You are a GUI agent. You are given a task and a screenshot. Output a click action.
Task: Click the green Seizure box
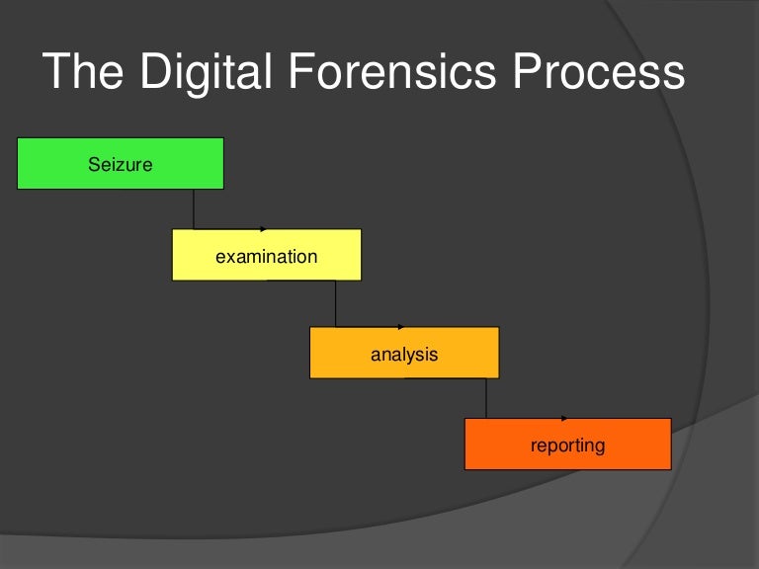[121, 164]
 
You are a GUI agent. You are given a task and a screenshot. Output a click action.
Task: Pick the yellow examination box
[266, 255]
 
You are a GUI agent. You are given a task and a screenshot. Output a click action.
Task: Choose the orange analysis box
[404, 353]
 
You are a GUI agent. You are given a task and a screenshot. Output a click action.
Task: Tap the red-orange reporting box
[567, 445]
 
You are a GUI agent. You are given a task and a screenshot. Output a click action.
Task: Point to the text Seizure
[121, 164]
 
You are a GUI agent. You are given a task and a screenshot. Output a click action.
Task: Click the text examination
[266, 257]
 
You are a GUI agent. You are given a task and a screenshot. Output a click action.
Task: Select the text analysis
[404, 354]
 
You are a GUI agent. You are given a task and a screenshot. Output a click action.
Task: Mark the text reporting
[567, 446]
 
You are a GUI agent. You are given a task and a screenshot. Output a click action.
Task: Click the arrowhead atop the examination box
[264, 229]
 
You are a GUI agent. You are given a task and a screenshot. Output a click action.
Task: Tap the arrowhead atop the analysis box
[401, 327]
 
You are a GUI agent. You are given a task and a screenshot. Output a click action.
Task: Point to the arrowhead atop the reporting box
[564, 419]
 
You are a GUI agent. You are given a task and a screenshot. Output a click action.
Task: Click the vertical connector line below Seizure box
[194, 208]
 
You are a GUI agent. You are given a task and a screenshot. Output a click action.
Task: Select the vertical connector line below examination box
[336, 303]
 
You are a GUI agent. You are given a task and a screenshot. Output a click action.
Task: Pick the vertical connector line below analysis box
[486, 398]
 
